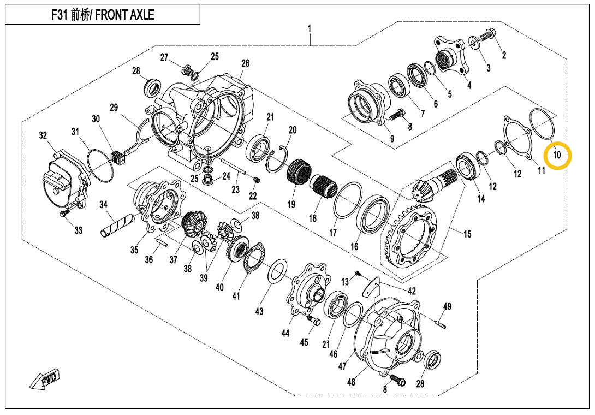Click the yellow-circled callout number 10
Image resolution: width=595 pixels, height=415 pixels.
click(x=557, y=155)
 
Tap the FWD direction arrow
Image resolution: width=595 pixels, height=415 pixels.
click(x=45, y=380)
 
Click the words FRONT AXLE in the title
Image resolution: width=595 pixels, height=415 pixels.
click(x=124, y=15)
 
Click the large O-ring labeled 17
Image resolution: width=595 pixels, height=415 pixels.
click(x=346, y=200)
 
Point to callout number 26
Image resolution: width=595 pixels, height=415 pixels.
click(x=245, y=63)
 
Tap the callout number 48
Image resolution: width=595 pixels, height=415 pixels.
click(x=351, y=382)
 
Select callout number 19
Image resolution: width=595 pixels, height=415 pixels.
click(x=291, y=204)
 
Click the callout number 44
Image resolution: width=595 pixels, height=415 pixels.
click(x=285, y=333)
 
